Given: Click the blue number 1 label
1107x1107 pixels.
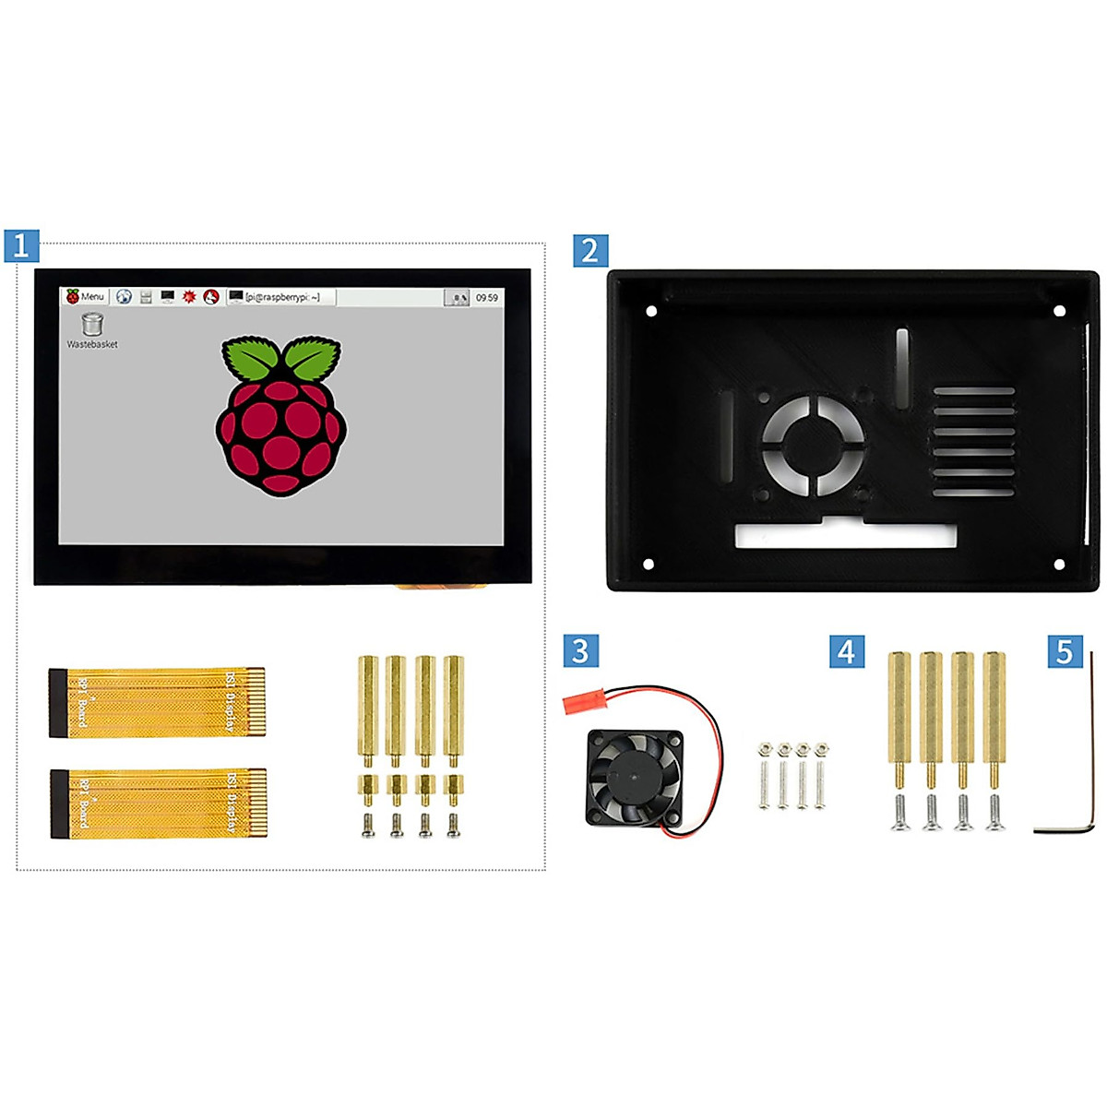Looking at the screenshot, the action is coord(21,245).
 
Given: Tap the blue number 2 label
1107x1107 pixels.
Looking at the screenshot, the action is coord(590,250).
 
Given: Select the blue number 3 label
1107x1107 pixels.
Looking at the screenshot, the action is coord(580,651).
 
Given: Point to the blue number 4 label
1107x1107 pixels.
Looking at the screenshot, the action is coord(846,651).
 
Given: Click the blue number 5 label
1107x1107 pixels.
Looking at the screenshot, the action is coord(1065,651).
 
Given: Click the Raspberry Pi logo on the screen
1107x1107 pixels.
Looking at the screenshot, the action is coord(280,416).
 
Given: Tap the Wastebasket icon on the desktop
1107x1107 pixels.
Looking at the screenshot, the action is coord(92,325).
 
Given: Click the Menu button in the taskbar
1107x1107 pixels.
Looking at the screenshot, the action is coord(86,297).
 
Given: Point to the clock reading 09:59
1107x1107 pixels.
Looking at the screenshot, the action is coord(486,298).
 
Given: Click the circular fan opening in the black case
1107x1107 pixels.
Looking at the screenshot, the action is coord(813,446).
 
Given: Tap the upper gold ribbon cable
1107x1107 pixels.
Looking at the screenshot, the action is coord(158,702).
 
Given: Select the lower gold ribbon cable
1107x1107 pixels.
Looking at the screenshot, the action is coord(158,803).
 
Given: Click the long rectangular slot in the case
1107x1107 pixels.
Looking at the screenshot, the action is coord(844,536).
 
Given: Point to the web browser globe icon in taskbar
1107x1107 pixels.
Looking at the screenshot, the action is coord(124,297).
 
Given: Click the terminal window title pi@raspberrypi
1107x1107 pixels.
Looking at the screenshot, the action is coord(281,297).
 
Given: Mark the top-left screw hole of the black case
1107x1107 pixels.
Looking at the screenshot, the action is coord(651,311).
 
